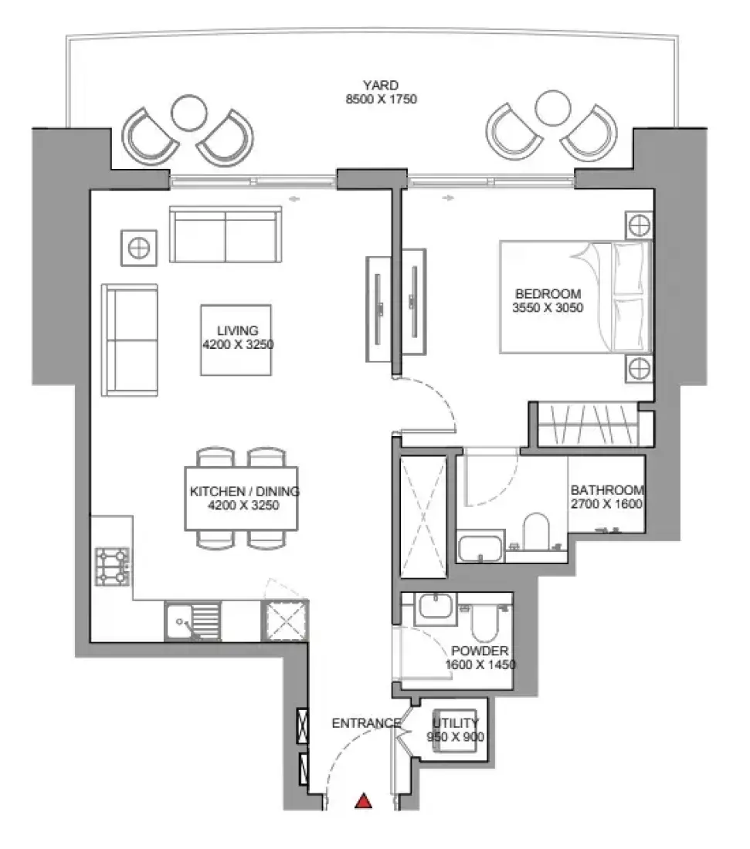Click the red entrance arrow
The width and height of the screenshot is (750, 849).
click(363, 801)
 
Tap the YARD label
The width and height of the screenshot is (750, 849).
click(381, 85)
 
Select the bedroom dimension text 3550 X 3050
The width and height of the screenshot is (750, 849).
click(548, 307)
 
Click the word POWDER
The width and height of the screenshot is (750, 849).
click(480, 651)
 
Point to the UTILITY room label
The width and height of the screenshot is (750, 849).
click(455, 723)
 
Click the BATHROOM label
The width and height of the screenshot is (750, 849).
click(607, 490)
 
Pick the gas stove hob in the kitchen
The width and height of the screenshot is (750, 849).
click(113, 567)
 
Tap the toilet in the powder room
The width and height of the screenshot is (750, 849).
click(485, 623)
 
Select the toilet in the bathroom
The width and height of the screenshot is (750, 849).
click(537, 531)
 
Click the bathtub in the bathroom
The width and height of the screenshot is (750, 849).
click(480, 549)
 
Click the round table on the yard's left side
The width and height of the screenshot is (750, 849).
click(188, 113)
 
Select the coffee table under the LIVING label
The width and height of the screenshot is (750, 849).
click(236, 340)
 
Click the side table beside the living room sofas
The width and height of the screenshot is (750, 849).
click(139, 248)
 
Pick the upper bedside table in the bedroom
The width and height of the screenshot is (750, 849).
click(640, 225)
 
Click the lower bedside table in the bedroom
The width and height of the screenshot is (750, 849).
click(640, 369)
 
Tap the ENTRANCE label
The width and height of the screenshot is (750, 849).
click(366, 723)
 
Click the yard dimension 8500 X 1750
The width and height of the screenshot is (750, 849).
click(382, 99)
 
